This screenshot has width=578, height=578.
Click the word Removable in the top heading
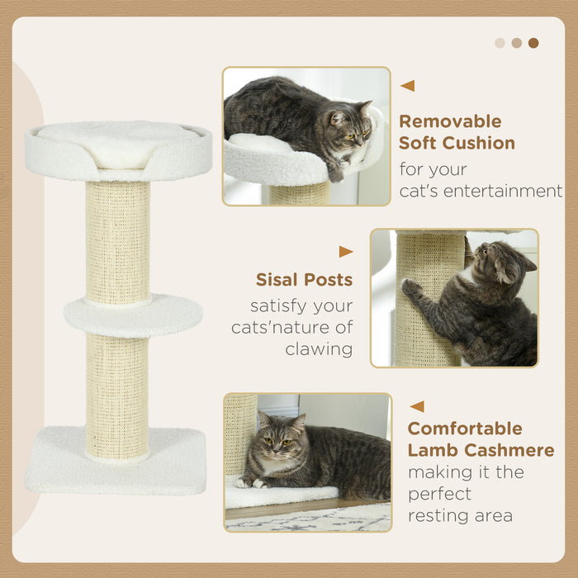click(450, 121)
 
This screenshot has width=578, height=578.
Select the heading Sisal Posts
click(304, 280)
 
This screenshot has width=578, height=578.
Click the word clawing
click(319, 349)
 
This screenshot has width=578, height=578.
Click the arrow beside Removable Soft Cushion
click(407, 86)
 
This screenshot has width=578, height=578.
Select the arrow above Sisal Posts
click(345, 252)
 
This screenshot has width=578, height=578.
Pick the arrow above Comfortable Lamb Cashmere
click(417, 406)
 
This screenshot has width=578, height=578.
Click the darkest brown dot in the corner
click(533, 43)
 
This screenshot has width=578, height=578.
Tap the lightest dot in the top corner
click(500, 43)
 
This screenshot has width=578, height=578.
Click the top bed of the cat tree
click(118, 149)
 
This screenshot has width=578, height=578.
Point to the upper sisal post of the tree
click(118, 239)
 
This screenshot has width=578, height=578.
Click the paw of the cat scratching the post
click(410, 287)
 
